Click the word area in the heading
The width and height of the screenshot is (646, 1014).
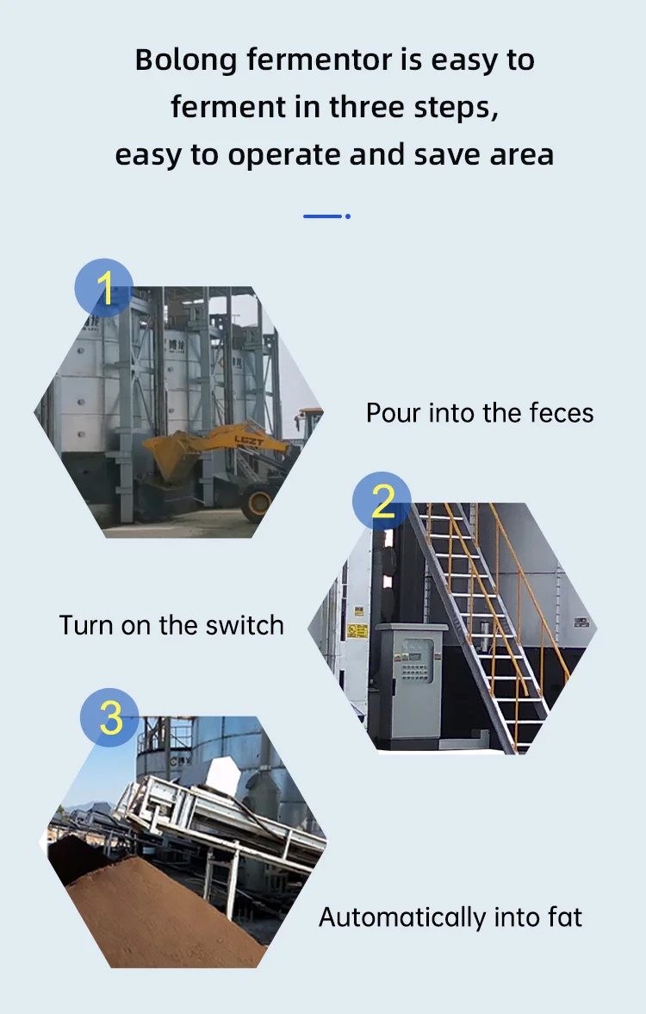tap(521, 156)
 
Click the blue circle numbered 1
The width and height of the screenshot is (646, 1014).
tap(104, 288)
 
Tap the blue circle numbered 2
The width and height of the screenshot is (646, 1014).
tap(382, 500)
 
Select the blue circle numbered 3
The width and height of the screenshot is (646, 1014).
tap(110, 717)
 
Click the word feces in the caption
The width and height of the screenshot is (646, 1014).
tap(562, 413)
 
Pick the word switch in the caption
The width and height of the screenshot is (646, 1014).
tap(245, 625)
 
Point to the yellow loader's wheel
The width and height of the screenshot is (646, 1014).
tap(258, 505)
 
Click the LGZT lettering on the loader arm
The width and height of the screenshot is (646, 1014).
tap(249, 441)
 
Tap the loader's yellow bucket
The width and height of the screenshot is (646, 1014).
tap(170, 457)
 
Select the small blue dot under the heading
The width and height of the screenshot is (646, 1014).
tap(348, 216)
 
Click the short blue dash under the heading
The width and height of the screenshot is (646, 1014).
tap(322, 216)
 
